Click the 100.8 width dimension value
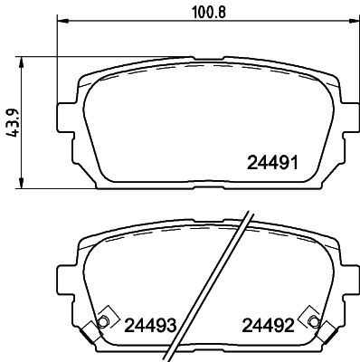pos(203,12)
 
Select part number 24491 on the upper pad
pos(272,164)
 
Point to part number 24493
pos(149,325)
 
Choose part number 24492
pos(267,325)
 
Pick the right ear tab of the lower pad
pos(341,276)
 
